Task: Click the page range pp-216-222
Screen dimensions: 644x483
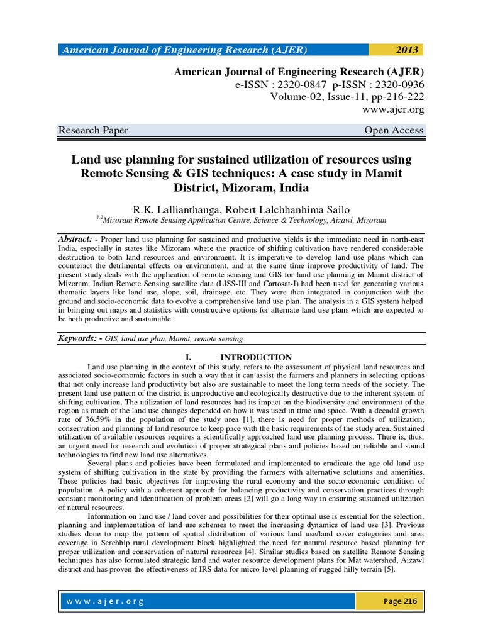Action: (390, 97)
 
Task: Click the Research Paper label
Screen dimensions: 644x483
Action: (93, 130)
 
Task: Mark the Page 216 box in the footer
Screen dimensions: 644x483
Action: (400, 601)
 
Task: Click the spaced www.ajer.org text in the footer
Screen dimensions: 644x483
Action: (104, 601)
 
